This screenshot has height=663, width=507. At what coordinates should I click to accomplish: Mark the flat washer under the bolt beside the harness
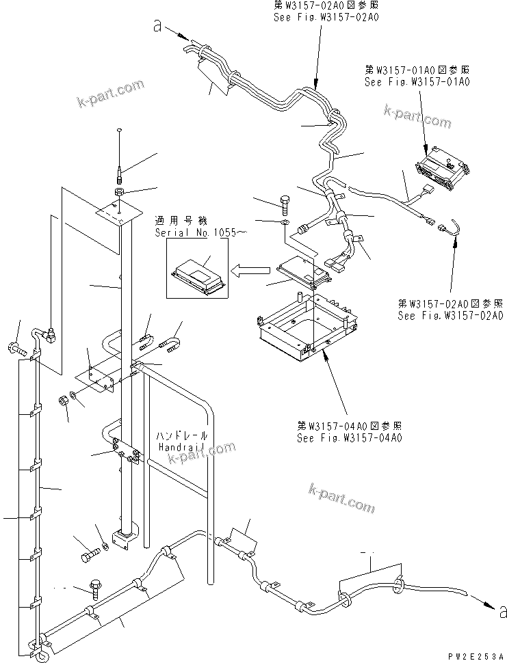pyautogui.click(x=286, y=223)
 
